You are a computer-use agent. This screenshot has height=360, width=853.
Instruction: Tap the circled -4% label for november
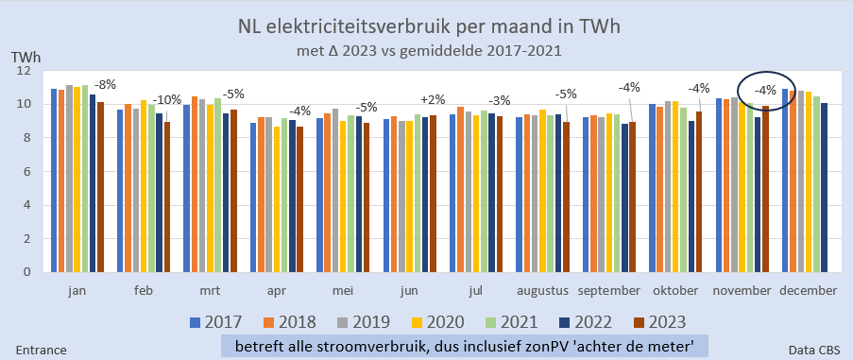(766, 91)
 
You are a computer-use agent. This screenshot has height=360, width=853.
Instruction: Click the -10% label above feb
(168, 100)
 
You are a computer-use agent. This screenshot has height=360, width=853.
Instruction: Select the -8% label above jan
(104, 84)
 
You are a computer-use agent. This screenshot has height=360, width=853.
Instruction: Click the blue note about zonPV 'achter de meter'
(465, 344)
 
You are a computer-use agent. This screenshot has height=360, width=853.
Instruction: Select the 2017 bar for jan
(54, 180)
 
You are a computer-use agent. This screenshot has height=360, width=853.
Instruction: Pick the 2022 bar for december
(825, 187)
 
